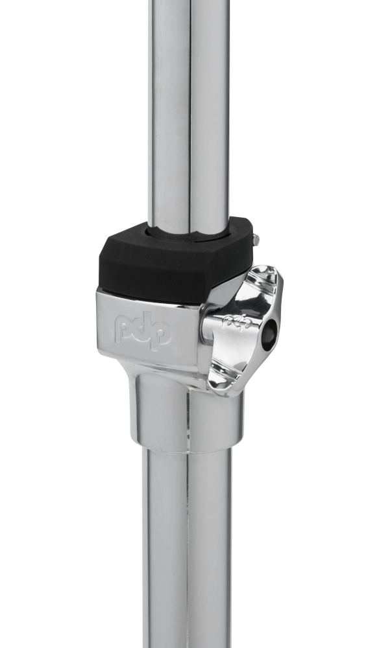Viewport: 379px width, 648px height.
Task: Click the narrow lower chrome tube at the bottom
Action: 187,551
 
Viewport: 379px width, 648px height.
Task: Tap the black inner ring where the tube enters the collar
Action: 188,232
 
